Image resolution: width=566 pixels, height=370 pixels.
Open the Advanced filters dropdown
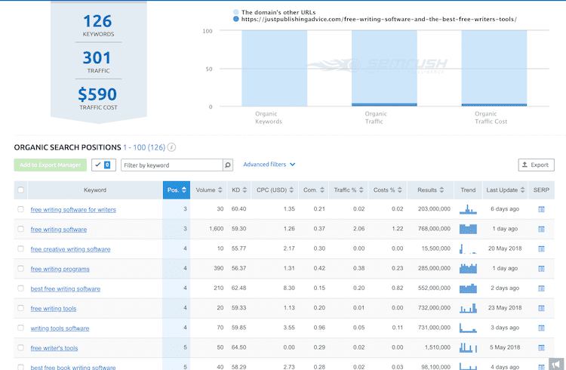(269, 165)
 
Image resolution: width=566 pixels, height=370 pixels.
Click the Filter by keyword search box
(172, 165)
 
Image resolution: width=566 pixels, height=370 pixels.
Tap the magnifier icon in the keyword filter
(227, 165)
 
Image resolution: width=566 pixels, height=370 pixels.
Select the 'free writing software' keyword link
(58, 230)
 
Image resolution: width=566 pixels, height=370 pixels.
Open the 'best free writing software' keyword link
(65, 288)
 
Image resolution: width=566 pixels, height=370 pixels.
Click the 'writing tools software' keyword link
(60, 328)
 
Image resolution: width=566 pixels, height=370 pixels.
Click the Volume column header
(208, 190)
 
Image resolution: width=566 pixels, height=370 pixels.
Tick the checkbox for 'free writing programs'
(21, 269)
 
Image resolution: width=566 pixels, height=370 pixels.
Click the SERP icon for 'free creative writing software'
(541, 249)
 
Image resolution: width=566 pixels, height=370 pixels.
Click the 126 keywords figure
(97, 21)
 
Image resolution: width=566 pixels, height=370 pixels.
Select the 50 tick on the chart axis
(208, 69)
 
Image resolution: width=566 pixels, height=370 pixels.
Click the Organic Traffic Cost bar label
(485, 117)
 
